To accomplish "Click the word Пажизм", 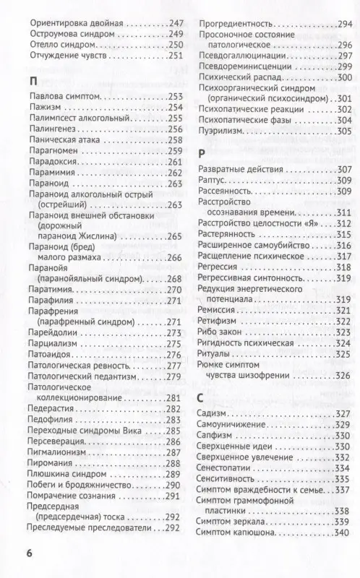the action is tap(44, 107).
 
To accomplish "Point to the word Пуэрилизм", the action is tap(222, 131).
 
